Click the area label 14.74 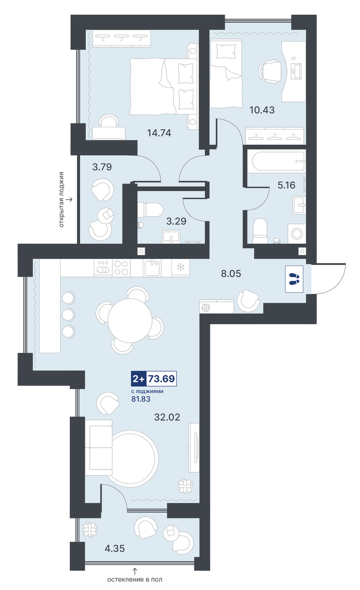(159, 132)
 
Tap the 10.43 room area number (262, 110)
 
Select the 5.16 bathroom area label (286, 185)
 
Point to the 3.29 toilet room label (176, 221)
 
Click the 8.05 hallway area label (231, 274)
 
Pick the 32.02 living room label (167, 417)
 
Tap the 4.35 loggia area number (114, 548)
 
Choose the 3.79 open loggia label (102, 167)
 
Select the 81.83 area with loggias (141, 399)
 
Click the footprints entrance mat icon (294, 279)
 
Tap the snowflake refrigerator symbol (180, 268)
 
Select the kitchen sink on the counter (152, 267)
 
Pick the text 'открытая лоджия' (61, 199)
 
